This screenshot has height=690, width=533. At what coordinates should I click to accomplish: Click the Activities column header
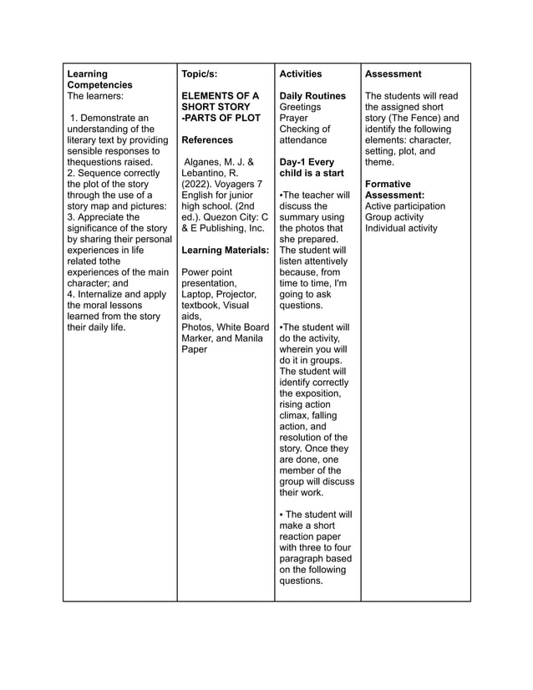300,74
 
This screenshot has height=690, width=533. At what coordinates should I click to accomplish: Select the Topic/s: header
200,74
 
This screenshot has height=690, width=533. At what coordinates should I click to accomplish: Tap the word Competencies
99,85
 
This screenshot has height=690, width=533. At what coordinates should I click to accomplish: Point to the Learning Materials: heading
225,250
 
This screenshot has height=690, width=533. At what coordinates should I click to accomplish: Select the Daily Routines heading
312,96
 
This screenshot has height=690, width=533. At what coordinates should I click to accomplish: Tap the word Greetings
300,107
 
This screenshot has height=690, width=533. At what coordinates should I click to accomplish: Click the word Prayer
294,118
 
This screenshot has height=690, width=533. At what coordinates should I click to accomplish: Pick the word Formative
388,184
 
